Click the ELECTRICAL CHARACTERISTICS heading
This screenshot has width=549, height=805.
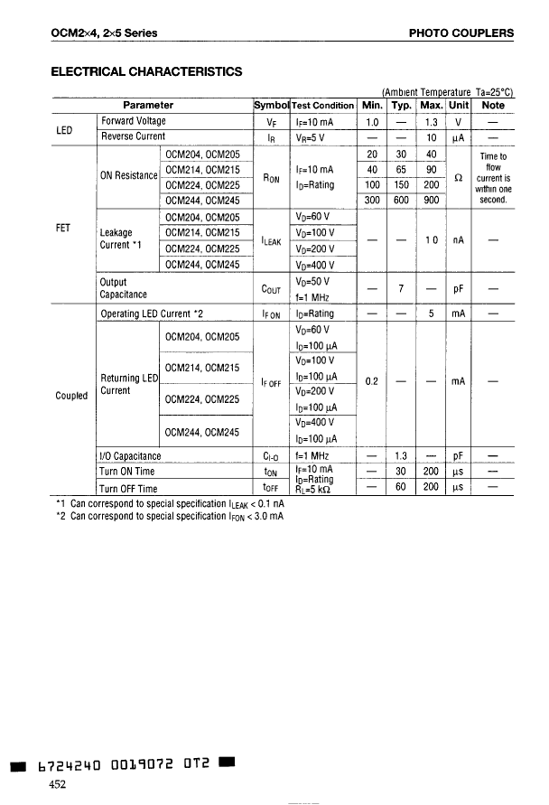click(x=145, y=70)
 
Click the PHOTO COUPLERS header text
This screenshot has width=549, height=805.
click(x=461, y=33)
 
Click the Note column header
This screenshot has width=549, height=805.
click(x=493, y=105)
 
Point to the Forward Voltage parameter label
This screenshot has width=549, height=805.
click(x=134, y=121)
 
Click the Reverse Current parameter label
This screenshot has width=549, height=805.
click(x=134, y=137)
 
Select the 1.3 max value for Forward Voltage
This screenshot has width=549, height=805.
click(x=432, y=121)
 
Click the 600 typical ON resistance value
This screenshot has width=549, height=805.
click(x=402, y=201)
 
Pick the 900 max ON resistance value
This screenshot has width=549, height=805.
click(x=432, y=201)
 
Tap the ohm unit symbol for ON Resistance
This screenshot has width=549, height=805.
click(x=460, y=178)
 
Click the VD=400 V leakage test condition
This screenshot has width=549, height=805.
click(x=315, y=265)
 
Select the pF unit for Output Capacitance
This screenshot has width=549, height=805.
click(x=459, y=288)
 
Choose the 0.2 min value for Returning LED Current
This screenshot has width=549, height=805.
click(x=371, y=381)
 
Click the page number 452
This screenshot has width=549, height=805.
click(x=58, y=784)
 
